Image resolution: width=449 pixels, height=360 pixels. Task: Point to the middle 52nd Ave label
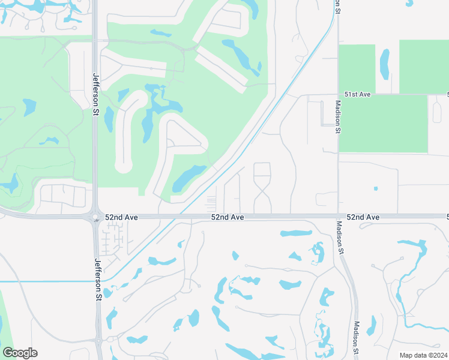point(228,217)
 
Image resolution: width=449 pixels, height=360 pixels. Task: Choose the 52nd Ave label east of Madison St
point(363,217)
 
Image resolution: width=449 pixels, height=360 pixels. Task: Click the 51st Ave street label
point(358,94)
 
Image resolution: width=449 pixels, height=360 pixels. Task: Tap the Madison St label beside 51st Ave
point(339,116)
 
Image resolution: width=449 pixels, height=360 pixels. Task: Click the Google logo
point(20,353)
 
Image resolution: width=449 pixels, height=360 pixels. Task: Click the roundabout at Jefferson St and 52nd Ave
point(95,217)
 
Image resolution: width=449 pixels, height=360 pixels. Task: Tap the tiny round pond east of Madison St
point(376,188)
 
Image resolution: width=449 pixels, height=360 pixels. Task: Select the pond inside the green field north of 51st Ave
point(384,64)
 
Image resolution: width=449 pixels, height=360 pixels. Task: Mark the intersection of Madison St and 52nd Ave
point(337,216)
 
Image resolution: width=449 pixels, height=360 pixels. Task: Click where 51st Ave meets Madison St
point(338,94)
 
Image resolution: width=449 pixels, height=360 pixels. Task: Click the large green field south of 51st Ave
point(383,123)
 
